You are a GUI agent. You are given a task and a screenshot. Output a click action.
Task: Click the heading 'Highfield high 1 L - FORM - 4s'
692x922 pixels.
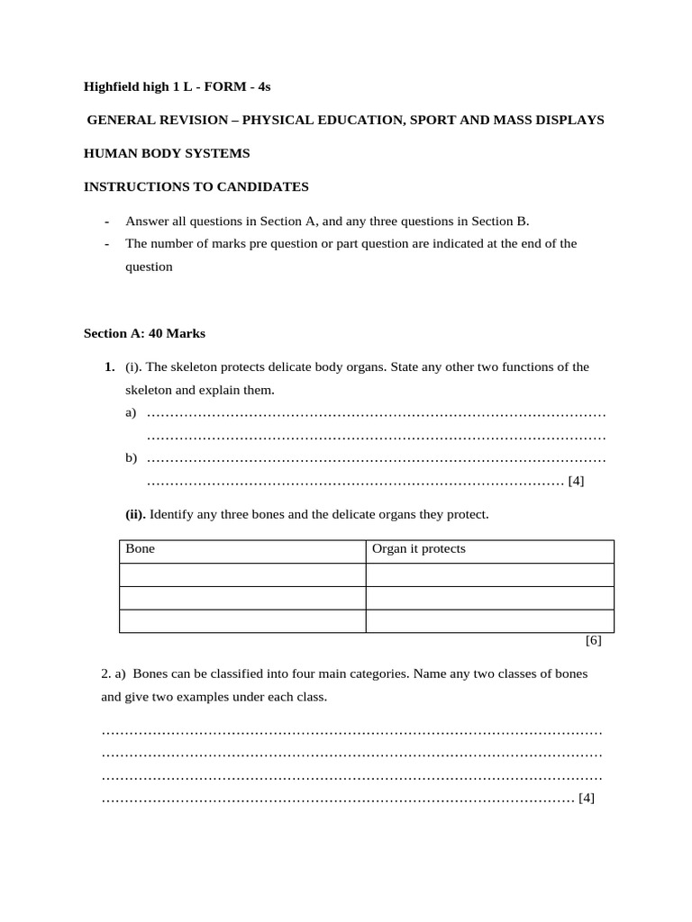(177, 86)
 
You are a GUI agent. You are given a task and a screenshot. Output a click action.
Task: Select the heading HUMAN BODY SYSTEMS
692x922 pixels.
(167, 153)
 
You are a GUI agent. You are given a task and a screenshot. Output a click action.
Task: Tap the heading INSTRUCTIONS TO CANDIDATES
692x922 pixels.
(196, 186)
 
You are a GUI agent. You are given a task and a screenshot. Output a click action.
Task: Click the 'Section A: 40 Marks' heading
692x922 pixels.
(144, 333)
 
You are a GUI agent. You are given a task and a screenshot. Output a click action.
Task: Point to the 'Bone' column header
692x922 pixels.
(140, 548)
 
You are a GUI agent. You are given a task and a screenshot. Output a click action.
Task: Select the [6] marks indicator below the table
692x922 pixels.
(593, 641)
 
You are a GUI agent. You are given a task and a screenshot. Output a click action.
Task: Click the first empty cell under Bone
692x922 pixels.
(241, 574)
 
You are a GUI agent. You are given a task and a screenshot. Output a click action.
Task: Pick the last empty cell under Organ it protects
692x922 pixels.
(489, 621)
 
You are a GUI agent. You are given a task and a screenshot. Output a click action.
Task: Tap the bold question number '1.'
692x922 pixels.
(109, 366)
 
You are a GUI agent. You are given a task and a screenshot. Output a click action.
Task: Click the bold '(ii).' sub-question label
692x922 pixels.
(135, 514)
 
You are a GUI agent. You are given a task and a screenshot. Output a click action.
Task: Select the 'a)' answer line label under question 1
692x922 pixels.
(131, 412)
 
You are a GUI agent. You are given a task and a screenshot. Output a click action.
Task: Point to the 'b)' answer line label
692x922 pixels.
(131, 458)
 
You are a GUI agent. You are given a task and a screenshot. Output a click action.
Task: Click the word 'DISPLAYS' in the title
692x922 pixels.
(574, 120)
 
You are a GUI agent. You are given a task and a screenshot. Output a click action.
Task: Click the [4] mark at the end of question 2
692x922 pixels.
(587, 798)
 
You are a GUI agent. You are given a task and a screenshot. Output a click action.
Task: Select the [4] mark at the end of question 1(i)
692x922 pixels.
(577, 481)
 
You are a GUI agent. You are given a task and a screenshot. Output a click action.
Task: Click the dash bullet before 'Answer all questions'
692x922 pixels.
(107, 221)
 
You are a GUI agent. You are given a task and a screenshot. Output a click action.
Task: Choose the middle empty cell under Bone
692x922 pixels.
(241, 598)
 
